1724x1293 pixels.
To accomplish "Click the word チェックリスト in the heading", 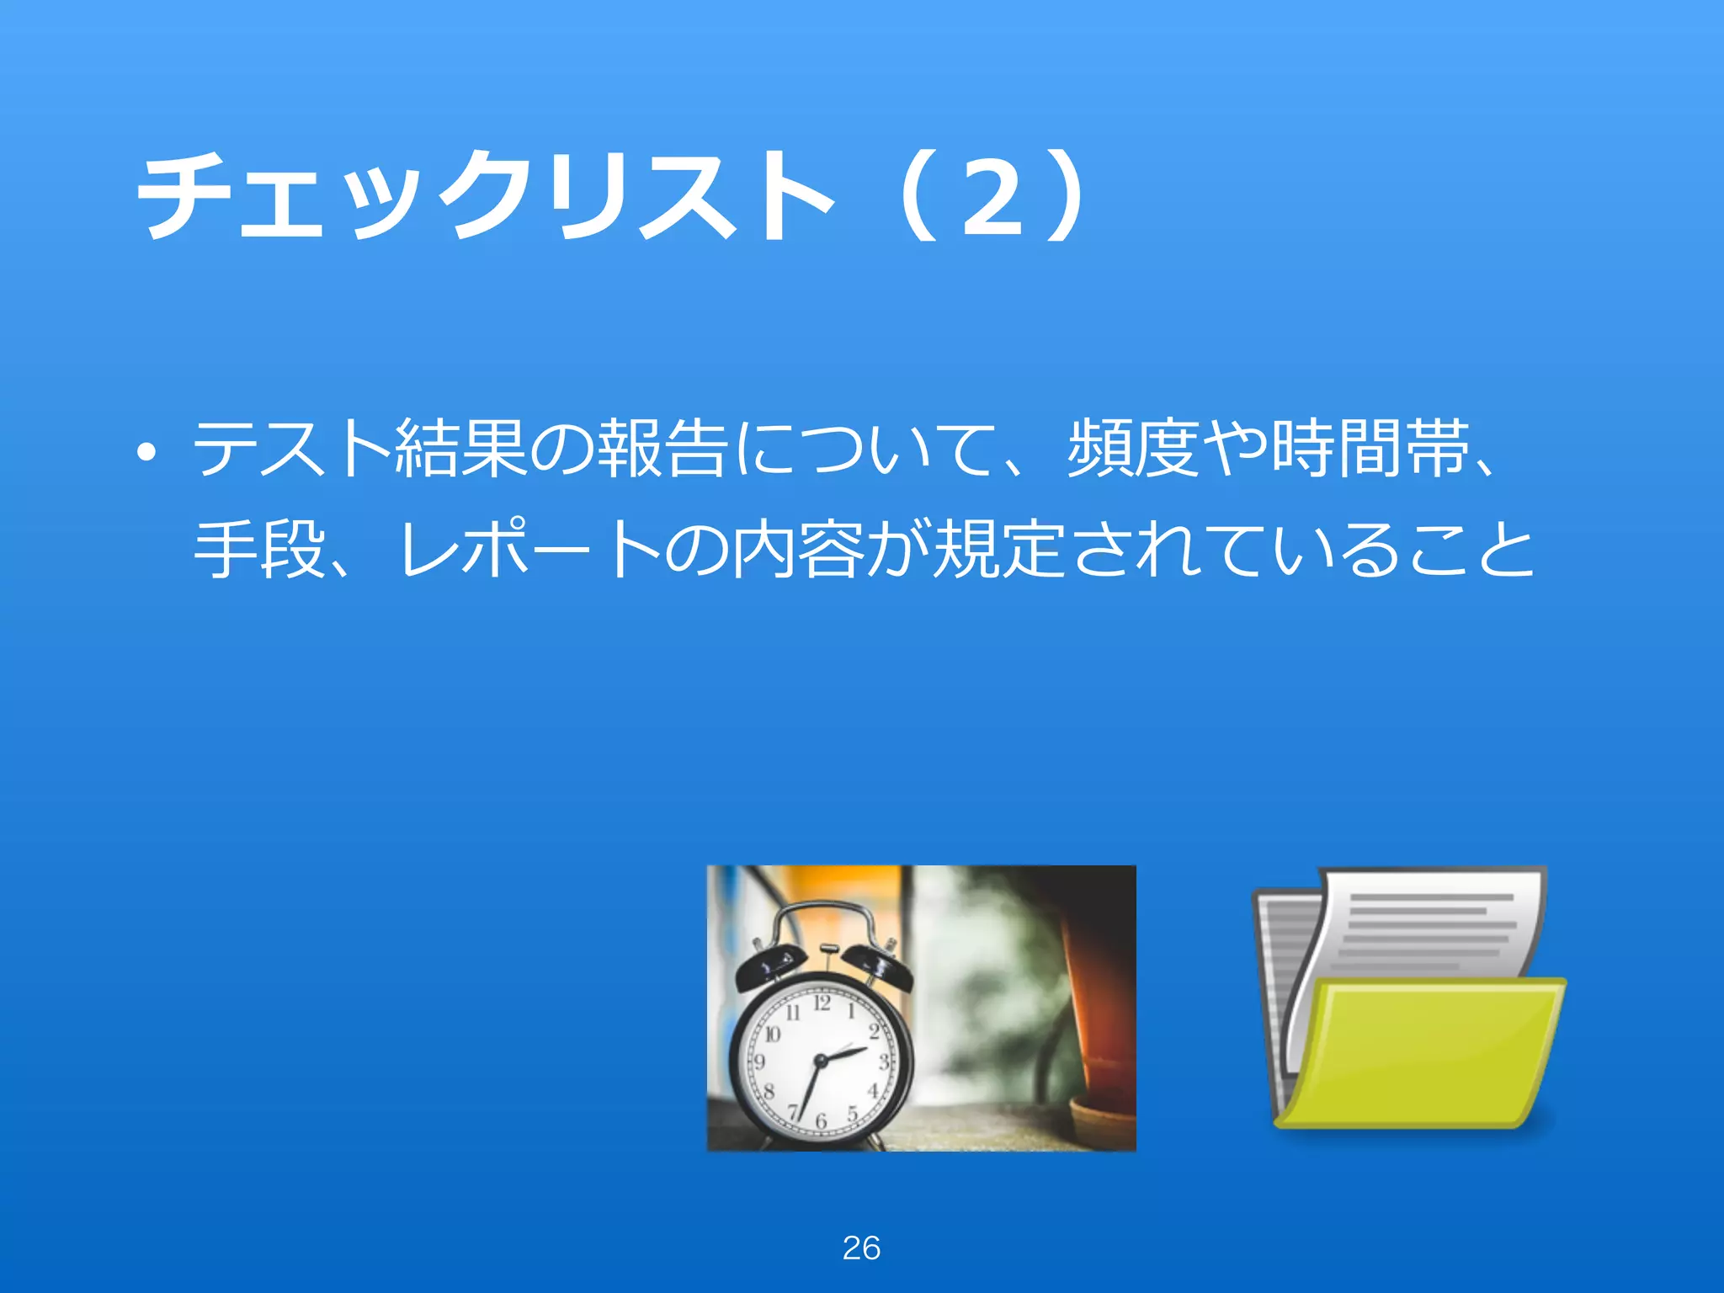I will coord(484,198).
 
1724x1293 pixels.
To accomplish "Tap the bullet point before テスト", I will coord(146,454).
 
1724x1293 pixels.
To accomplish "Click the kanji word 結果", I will coord(460,448).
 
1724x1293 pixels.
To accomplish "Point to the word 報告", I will coord(662,448).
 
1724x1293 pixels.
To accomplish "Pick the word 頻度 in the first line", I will coord(1133,448).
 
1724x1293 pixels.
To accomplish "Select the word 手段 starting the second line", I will coord(260,549).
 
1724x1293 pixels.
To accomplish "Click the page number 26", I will coord(861,1248).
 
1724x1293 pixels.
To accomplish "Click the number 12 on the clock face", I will coord(822,1003).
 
